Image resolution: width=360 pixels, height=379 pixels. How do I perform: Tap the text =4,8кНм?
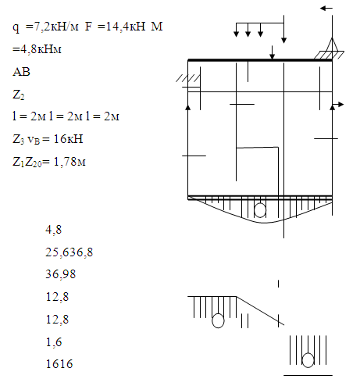pos(37,49)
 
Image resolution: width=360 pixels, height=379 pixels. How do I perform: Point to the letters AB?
pos(21,72)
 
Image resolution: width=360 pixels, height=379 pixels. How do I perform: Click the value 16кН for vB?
pos(68,139)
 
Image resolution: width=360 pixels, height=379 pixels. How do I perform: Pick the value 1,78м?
pos(70,162)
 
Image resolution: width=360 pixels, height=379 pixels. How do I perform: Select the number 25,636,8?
pos(70,252)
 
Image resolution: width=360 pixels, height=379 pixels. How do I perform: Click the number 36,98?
pos(61,274)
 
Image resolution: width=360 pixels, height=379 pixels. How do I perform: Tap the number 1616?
pos(59,364)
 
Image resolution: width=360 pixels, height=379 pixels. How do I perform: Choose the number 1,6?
pos(54,342)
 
